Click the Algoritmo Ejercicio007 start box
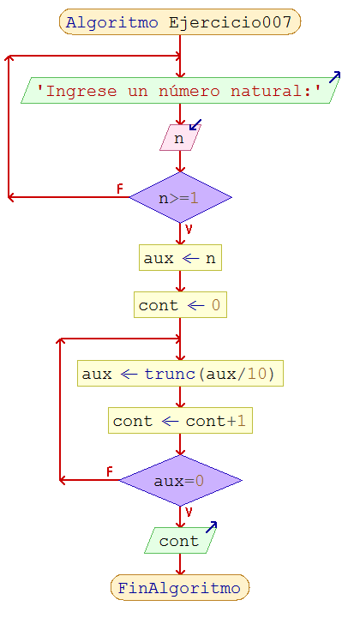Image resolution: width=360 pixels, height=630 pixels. point(180,22)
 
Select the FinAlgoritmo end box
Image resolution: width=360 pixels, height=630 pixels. point(180,588)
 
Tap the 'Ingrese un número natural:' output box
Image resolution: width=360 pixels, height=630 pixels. point(180,91)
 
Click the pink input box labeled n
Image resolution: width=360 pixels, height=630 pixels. point(179,138)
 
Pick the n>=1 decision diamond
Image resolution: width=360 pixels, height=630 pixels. point(180,198)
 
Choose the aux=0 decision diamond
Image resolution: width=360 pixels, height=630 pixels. point(180,481)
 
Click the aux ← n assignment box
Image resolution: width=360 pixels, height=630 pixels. point(180,258)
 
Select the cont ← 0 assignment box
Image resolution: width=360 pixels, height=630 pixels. point(180,305)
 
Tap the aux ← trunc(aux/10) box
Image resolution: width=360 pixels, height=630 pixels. point(180,375)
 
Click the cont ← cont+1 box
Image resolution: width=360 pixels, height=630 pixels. point(180,421)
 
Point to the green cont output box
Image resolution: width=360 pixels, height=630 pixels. point(179,541)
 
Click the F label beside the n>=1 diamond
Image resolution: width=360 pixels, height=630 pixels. point(120,189)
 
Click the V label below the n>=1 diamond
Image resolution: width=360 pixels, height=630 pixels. point(189,230)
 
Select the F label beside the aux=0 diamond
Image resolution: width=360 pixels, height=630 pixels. point(110,471)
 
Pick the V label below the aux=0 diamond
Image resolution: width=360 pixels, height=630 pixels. point(189,513)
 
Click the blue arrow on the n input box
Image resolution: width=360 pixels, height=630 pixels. point(195,126)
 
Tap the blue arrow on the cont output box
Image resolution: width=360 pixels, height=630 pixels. point(210,527)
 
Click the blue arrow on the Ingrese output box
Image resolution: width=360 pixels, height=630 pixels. point(334,77)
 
